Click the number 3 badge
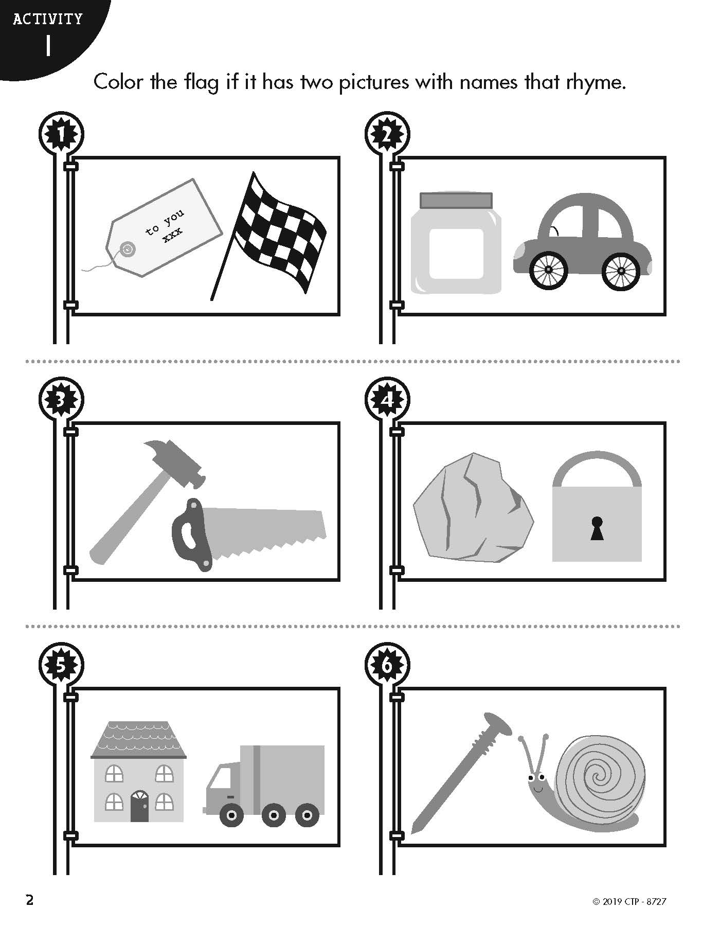(61, 400)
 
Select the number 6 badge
(387, 665)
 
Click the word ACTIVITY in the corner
(48, 20)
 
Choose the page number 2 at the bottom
(30, 886)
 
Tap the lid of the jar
(456, 200)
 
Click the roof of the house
(139, 740)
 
